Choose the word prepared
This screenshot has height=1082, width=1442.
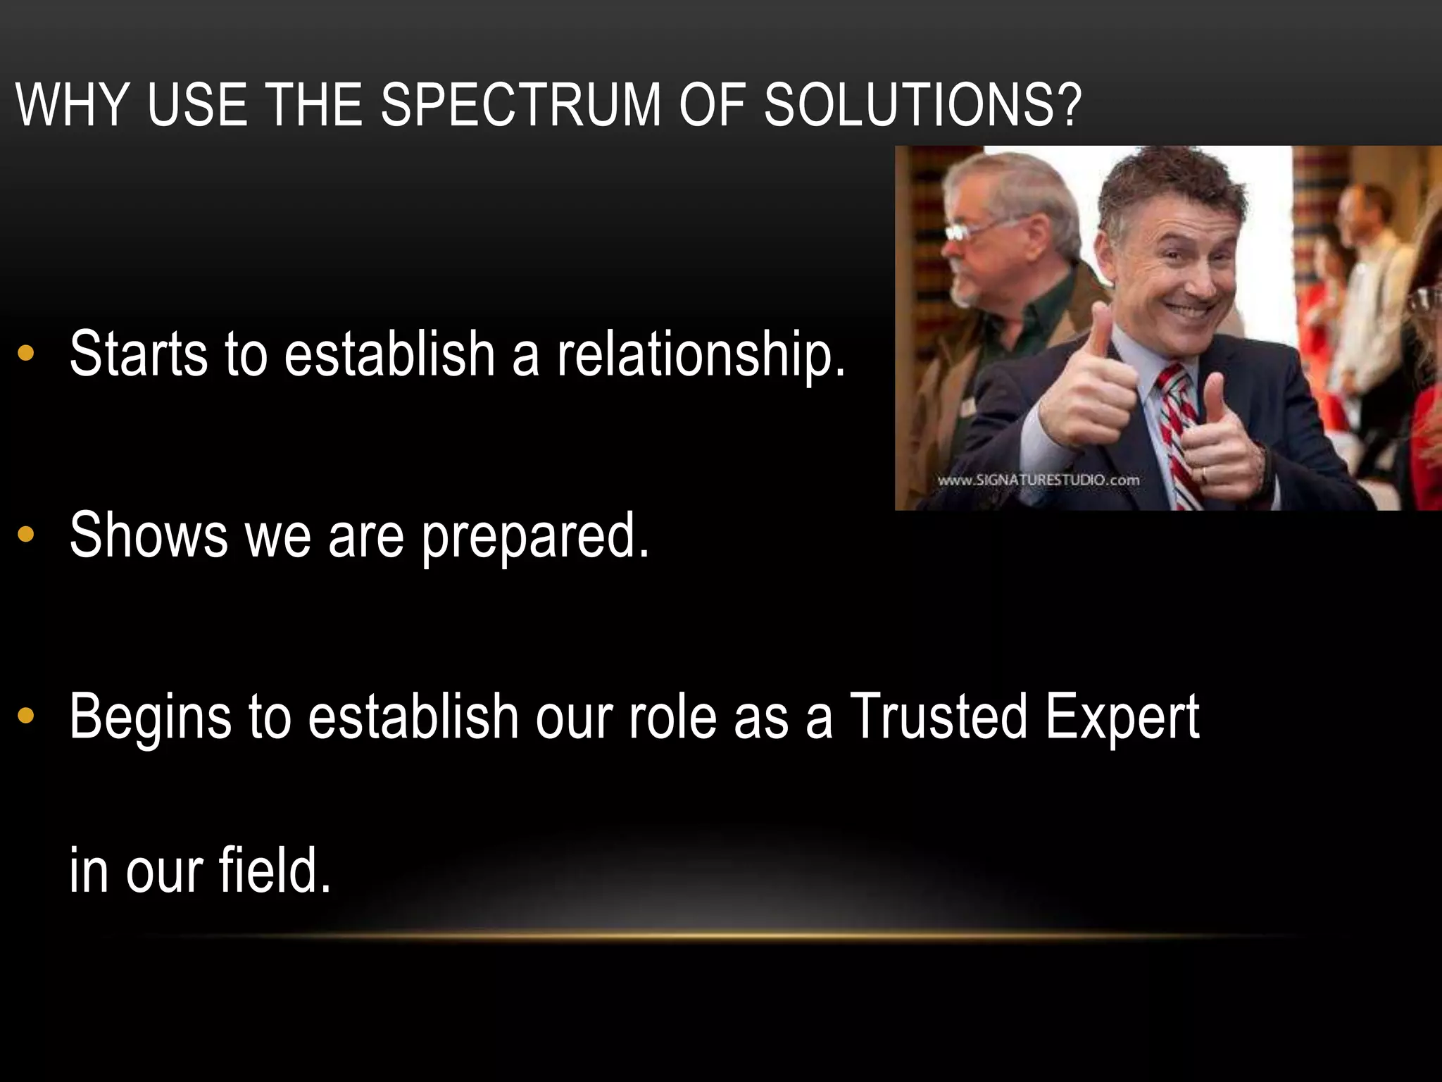click(535, 537)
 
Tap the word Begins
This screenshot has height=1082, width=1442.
click(150, 719)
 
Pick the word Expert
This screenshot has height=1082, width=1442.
click(1122, 719)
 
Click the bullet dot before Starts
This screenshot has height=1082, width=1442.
click(26, 354)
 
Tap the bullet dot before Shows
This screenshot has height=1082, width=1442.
click(26, 535)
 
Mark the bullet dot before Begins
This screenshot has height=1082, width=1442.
click(26, 717)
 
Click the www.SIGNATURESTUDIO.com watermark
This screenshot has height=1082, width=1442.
click(1038, 480)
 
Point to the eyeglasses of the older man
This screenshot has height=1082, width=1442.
click(975, 230)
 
